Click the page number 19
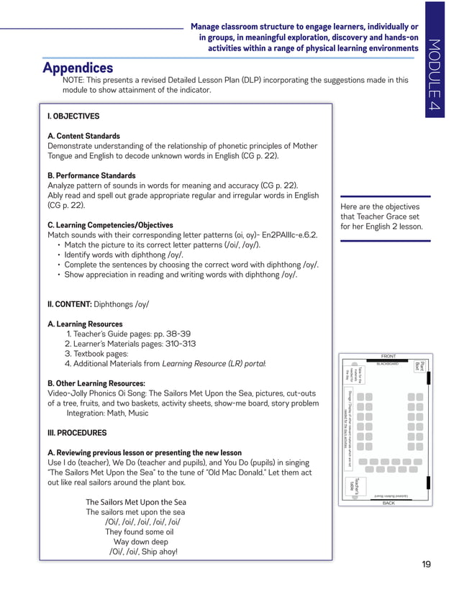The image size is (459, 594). tap(426, 564)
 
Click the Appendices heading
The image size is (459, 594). tap(78, 68)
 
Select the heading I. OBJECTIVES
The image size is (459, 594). tap(73, 116)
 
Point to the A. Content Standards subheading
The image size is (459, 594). tap(83, 136)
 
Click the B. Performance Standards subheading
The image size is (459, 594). tap(91, 175)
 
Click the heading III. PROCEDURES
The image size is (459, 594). tap(77, 433)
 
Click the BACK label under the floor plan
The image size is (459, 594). tap(388, 503)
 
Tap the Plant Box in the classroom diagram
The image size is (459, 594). tap(421, 367)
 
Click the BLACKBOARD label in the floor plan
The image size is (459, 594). tap(387, 364)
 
